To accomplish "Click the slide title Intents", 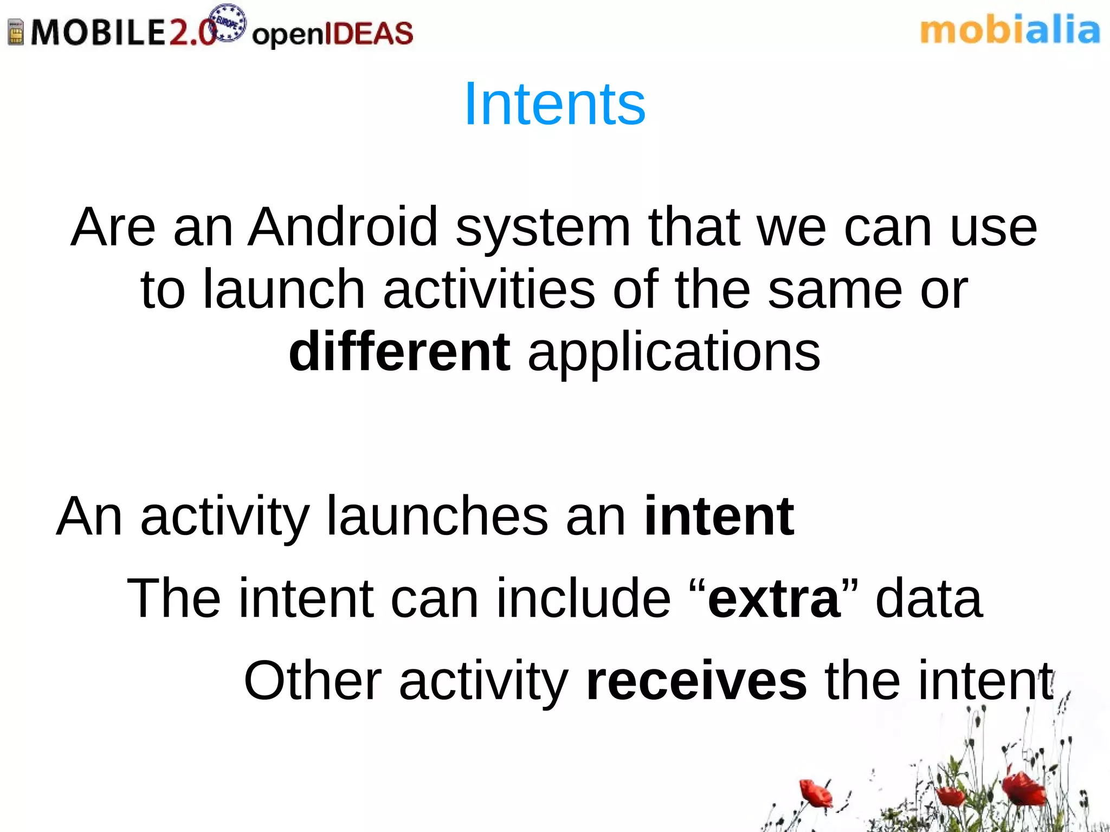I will pyautogui.click(x=554, y=103).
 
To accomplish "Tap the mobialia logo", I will pyautogui.click(x=1010, y=31).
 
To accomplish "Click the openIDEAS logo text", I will pyautogui.click(x=332, y=34).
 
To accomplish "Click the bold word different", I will pyautogui.click(x=399, y=352).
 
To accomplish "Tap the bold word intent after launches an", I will pyautogui.click(x=719, y=516).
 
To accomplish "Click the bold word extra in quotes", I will pyautogui.click(x=774, y=598).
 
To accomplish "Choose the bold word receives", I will pyautogui.click(x=696, y=681).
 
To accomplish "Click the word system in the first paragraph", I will pyautogui.click(x=543, y=228).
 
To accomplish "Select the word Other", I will pyautogui.click(x=313, y=681).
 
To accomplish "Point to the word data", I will pyautogui.click(x=928, y=598).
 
